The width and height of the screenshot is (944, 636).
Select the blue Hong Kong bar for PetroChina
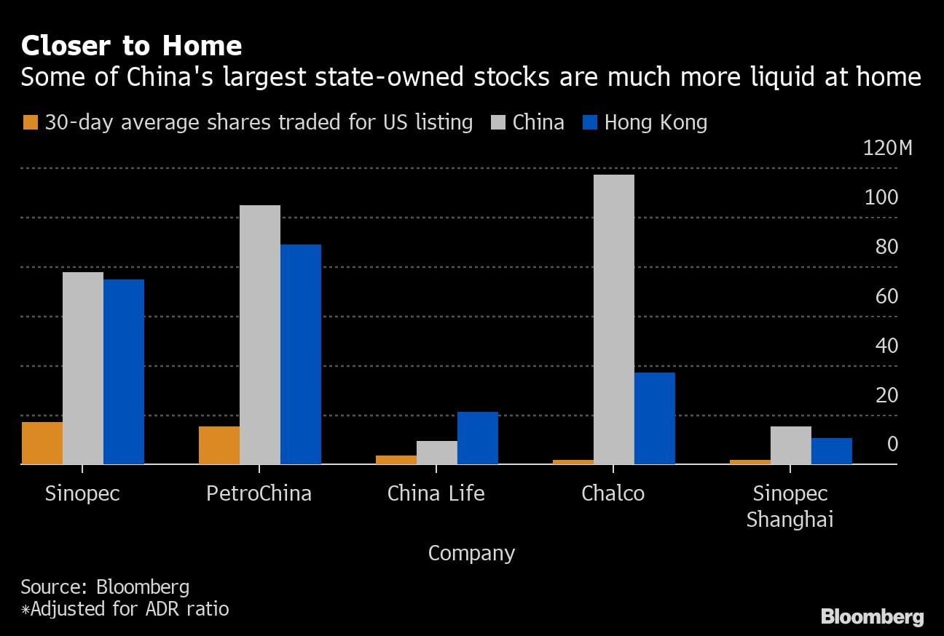(x=301, y=354)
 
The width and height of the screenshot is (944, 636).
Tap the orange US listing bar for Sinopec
(x=42, y=442)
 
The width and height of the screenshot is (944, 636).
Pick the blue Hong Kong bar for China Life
(x=478, y=437)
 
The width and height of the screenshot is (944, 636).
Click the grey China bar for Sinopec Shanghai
(x=791, y=445)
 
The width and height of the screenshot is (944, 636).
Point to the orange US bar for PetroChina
(x=219, y=445)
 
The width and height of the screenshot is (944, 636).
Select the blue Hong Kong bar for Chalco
(x=655, y=418)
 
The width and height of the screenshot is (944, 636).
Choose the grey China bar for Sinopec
(x=83, y=367)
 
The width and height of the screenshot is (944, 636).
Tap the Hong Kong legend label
(x=656, y=122)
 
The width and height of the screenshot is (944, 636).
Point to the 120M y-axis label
(x=887, y=148)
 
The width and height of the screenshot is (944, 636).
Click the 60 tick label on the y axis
(x=886, y=296)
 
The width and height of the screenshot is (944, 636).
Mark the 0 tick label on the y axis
(x=892, y=444)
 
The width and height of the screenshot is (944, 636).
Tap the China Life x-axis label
(x=436, y=493)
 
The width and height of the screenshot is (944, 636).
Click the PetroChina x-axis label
(x=259, y=493)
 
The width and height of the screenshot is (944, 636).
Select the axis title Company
(x=471, y=553)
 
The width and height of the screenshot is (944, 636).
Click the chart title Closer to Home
(x=131, y=46)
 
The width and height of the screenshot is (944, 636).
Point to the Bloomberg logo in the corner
(x=872, y=617)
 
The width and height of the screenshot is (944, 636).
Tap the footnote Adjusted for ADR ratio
(x=125, y=608)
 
